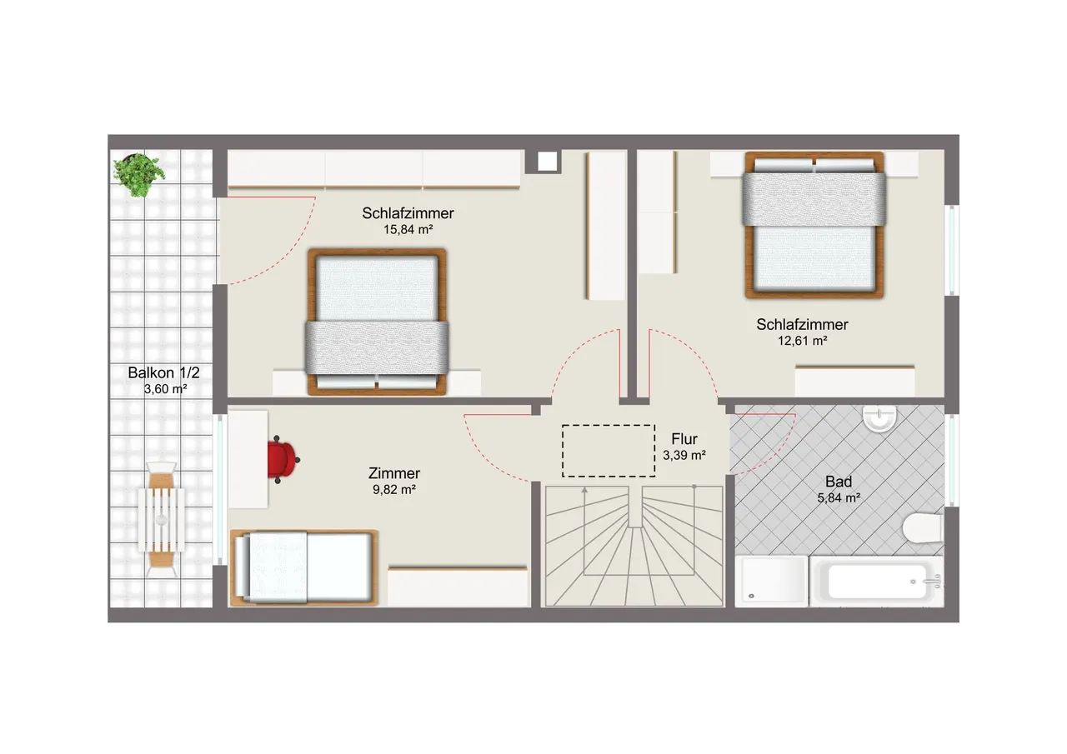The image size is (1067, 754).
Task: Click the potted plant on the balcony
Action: [x=138, y=175]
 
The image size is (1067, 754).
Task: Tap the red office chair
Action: [x=283, y=459]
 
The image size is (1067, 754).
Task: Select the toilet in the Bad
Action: [x=923, y=528]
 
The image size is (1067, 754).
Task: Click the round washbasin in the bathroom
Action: [x=879, y=419]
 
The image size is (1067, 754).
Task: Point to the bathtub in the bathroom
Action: [x=876, y=582]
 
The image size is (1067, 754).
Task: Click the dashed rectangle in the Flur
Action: [x=609, y=451]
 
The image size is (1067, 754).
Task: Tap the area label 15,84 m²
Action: [x=408, y=229]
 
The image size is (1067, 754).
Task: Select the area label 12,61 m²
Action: [x=803, y=341]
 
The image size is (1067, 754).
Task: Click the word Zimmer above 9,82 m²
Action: [x=394, y=473]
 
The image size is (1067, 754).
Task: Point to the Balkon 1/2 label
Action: [x=164, y=372]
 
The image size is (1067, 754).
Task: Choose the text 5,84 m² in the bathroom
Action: [x=839, y=498]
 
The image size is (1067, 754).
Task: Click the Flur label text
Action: [x=684, y=439]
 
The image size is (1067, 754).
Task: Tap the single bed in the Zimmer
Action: [x=304, y=567]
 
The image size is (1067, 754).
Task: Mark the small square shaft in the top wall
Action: [x=548, y=162]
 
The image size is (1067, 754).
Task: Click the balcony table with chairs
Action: [x=162, y=520]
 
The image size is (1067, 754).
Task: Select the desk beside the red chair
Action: [x=248, y=459]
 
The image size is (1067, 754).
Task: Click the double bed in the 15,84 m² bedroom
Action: [x=377, y=322]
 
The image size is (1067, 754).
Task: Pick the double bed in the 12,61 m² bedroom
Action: [x=814, y=225]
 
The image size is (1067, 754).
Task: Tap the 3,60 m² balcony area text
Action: [x=166, y=389]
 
